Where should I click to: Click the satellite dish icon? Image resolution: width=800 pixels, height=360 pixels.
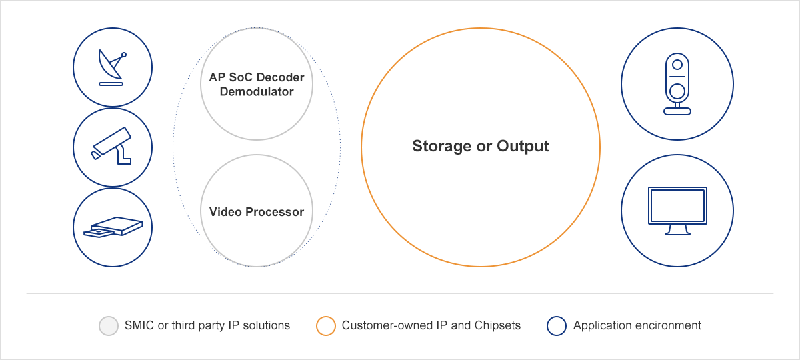click(112, 67)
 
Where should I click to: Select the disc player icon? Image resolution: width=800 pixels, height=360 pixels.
click(112, 227)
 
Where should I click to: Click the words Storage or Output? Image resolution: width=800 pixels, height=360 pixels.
click(481, 146)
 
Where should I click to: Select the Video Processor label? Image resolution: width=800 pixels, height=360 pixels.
click(257, 212)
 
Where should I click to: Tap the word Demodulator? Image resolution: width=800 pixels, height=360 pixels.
click(257, 92)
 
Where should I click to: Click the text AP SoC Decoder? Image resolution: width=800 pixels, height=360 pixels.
click(257, 77)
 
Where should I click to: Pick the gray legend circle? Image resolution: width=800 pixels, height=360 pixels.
click(108, 326)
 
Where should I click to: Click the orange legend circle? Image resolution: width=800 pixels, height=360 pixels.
click(326, 326)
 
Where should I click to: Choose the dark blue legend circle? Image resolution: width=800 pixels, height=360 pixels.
click(556, 326)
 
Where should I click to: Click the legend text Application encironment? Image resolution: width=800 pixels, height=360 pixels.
click(637, 325)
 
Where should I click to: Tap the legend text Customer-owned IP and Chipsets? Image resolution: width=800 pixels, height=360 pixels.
click(431, 325)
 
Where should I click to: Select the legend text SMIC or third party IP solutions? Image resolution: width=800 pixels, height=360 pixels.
click(207, 325)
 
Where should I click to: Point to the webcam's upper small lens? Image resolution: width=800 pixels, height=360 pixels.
click(677, 65)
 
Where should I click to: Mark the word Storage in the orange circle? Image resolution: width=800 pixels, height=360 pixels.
click(441, 146)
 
